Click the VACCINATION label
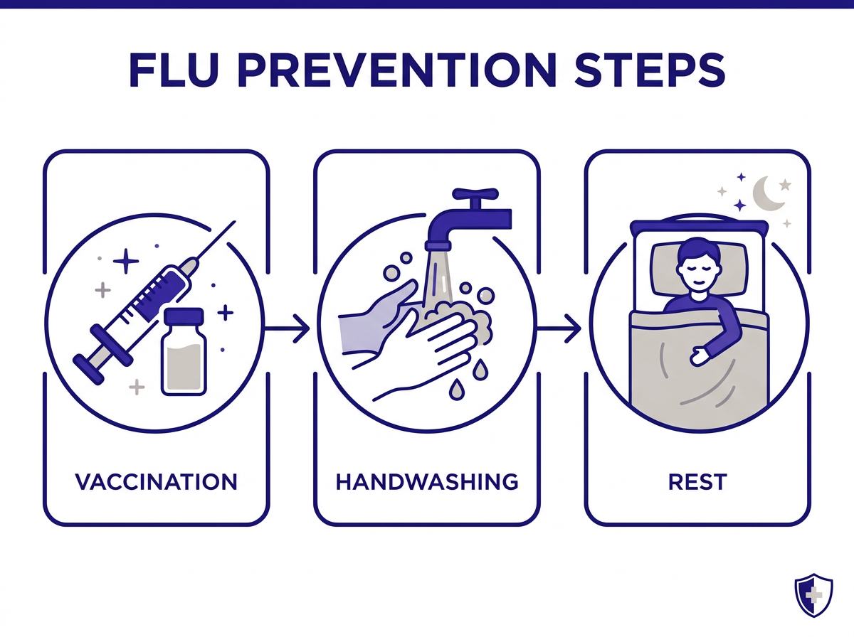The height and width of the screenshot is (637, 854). tap(157, 481)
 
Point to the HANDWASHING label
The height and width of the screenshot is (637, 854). tap(427, 481)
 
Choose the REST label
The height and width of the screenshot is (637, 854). tap(697, 481)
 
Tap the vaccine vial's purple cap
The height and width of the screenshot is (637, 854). tap(184, 318)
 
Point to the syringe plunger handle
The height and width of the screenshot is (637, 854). tap(85, 355)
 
